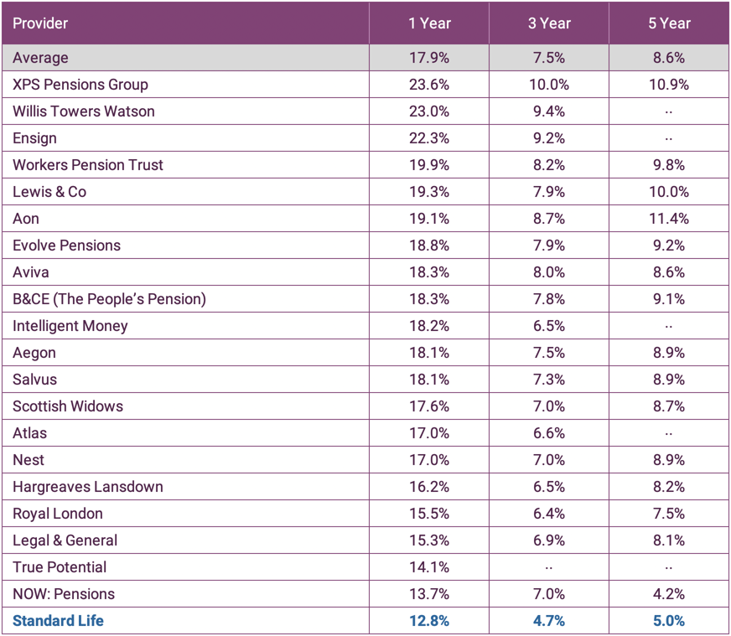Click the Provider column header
(40, 23)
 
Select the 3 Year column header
(548, 23)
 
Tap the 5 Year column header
(668, 23)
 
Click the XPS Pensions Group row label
(80, 85)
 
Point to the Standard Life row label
(58, 621)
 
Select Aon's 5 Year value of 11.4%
(668, 219)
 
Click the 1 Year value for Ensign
(429, 138)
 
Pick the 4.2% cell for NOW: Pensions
(668, 594)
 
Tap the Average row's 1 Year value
(429, 58)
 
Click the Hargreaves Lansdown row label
(88, 487)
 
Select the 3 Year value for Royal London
(548, 514)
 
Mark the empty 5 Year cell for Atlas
(668, 433)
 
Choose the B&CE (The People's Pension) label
(109, 299)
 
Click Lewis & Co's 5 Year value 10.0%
(668, 192)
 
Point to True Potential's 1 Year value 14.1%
(429, 567)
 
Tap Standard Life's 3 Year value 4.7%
(548, 621)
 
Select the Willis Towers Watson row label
(84, 111)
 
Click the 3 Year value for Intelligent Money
(548, 326)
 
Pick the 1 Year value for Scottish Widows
(429, 406)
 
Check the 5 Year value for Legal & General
(668, 540)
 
